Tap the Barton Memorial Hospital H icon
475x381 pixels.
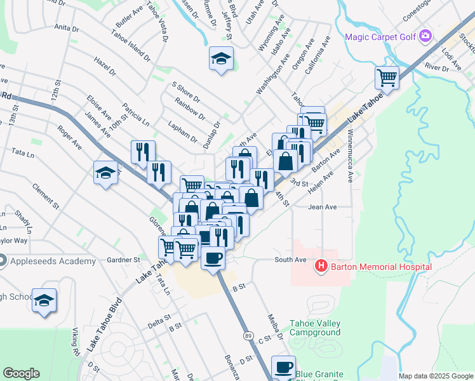click(x=321, y=267)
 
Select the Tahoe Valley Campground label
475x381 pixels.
click(x=315, y=328)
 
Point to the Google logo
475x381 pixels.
click(x=22, y=373)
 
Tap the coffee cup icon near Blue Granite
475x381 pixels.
click(x=283, y=366)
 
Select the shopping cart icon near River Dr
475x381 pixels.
click(x=387, y=77)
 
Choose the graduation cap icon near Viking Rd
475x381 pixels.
click(x=44, y=300)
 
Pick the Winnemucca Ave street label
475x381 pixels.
click(x=349, y=155)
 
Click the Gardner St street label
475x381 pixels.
click(x=123, y=260)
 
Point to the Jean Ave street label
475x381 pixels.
click(x=322, y=207)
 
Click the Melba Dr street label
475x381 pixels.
click(x=274, y=326)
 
